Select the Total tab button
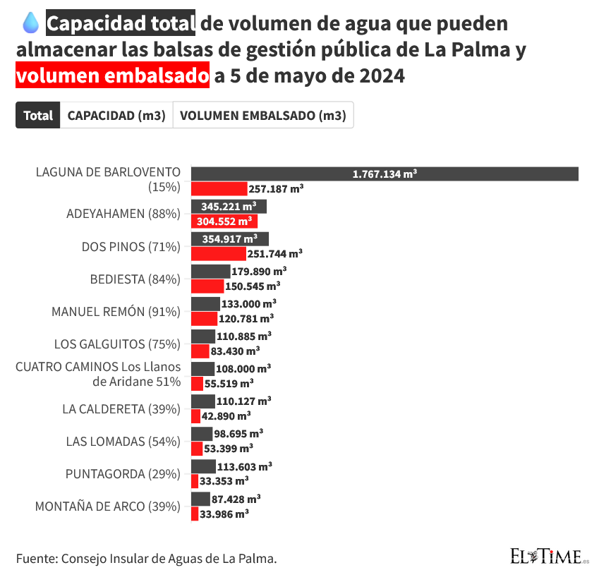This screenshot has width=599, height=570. click(x=37, y=116)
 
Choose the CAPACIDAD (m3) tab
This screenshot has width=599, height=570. click(x=116, y=116)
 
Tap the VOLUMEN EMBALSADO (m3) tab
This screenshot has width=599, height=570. click(x=262, y=116)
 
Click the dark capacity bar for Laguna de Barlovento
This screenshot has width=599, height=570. click(x=385, y=174)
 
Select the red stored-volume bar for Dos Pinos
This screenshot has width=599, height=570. click(x=218, y=254)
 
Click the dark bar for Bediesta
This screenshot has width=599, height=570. click(x=210, y=271)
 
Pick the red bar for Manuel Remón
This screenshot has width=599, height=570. click(x=204, y=319)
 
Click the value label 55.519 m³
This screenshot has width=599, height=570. click(x=229, y=383)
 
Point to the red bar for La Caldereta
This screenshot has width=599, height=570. click(x=195, y=416)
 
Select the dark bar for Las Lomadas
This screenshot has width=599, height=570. click(x=201, y=433)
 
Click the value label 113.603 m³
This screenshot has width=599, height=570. click(x=246, y=466)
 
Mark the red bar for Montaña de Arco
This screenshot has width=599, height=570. click(x=195, y=514)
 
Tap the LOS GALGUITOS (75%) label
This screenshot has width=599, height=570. click(x=117, y=344)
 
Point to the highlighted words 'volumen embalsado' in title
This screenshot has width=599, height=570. click(x=112, y=75)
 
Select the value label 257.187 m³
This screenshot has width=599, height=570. click(x=276, y=189)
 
